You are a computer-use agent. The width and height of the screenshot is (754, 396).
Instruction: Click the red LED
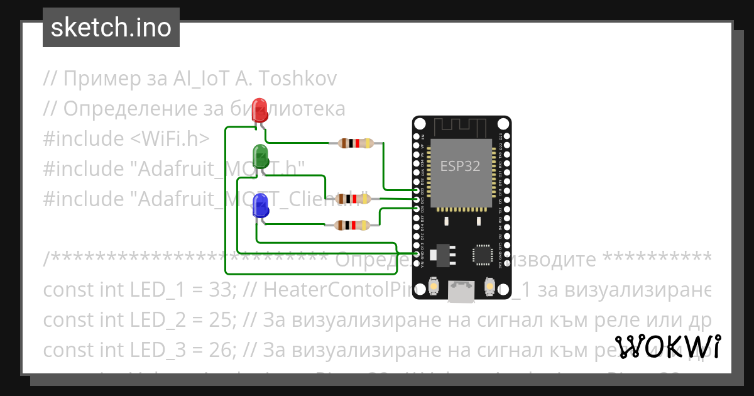coord(260,111)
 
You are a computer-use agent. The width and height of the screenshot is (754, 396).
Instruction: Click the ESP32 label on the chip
coord(460,166)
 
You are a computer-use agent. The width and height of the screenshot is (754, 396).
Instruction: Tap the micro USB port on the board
coord(461,291)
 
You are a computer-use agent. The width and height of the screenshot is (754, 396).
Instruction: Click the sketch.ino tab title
coord(111,28)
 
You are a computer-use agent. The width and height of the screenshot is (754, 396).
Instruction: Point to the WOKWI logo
coord(668,348)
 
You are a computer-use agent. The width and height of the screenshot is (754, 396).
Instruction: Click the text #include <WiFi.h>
coord(126,138)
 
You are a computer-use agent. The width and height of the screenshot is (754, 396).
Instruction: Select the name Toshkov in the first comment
coord(298,79)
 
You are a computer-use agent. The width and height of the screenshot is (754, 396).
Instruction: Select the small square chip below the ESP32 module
coord(483,255)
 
